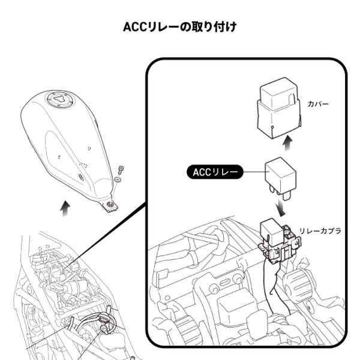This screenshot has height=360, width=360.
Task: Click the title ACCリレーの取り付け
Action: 180,27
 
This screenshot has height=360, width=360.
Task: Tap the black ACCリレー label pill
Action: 215,172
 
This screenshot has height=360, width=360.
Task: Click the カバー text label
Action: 318,104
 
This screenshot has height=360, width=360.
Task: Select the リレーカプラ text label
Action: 320,231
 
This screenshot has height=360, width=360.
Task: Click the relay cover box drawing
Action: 278,108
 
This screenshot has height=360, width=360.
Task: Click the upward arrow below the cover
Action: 288,143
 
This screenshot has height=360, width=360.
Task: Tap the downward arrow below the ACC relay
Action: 281,207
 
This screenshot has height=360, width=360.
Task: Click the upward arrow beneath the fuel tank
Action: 65,208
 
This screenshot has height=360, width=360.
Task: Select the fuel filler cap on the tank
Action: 61,100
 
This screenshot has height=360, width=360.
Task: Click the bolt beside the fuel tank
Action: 121,170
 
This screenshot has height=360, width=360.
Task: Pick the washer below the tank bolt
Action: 118,179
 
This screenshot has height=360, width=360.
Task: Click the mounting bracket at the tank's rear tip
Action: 110,205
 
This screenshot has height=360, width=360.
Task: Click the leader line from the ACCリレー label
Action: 254,172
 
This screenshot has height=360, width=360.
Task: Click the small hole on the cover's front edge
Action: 272,127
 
